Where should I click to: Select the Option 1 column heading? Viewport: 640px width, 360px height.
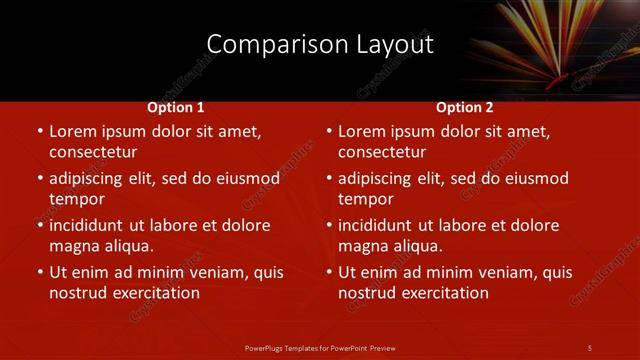click(x=176, y=107)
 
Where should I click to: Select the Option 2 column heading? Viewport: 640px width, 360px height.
click(x=465, y=107)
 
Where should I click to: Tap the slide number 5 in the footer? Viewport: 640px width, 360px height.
click(x=590, y=347)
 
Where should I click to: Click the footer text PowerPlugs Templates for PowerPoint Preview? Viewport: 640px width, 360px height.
click(x=320, y=347)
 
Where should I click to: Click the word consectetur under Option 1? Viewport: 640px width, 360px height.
click(x=93, y=152)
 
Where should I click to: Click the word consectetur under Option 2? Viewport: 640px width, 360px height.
click(x=382, y=152)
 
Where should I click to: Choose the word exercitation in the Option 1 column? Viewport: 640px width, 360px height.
click(x=155, y=293)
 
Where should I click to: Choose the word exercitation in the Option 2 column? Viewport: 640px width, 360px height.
click(x=444, y=293)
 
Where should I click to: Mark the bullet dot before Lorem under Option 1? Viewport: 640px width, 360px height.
click(x=39, y=132)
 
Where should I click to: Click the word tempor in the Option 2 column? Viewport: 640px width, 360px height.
click(x=363, y=199)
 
